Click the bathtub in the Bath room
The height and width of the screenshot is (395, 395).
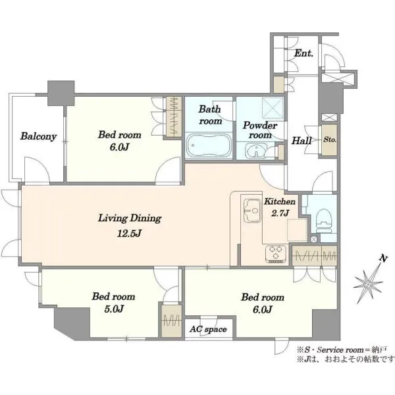pos(208,146)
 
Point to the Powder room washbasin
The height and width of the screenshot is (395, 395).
pos(255,151)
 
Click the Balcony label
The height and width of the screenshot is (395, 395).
pos(38,136)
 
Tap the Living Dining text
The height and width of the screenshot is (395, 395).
pos(130,219)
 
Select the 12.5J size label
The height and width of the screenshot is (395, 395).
pos(129,234)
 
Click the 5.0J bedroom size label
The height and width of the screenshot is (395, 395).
pos(114,309)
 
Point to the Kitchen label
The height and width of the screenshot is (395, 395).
pos(280,201)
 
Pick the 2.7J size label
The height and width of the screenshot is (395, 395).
pos(280,213)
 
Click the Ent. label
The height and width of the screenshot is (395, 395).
pos(303,53)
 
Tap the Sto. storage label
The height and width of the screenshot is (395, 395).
pos(330,140)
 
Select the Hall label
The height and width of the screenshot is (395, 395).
pos(302,141)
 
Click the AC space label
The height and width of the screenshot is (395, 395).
pos(208,329)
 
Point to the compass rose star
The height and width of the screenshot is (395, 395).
pos(368,284)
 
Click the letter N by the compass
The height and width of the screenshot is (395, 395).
pos(383,259)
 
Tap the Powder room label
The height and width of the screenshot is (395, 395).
pos(260,130)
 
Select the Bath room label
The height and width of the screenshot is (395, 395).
pos(210,115)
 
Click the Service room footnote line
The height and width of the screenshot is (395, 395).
pos(342,350)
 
